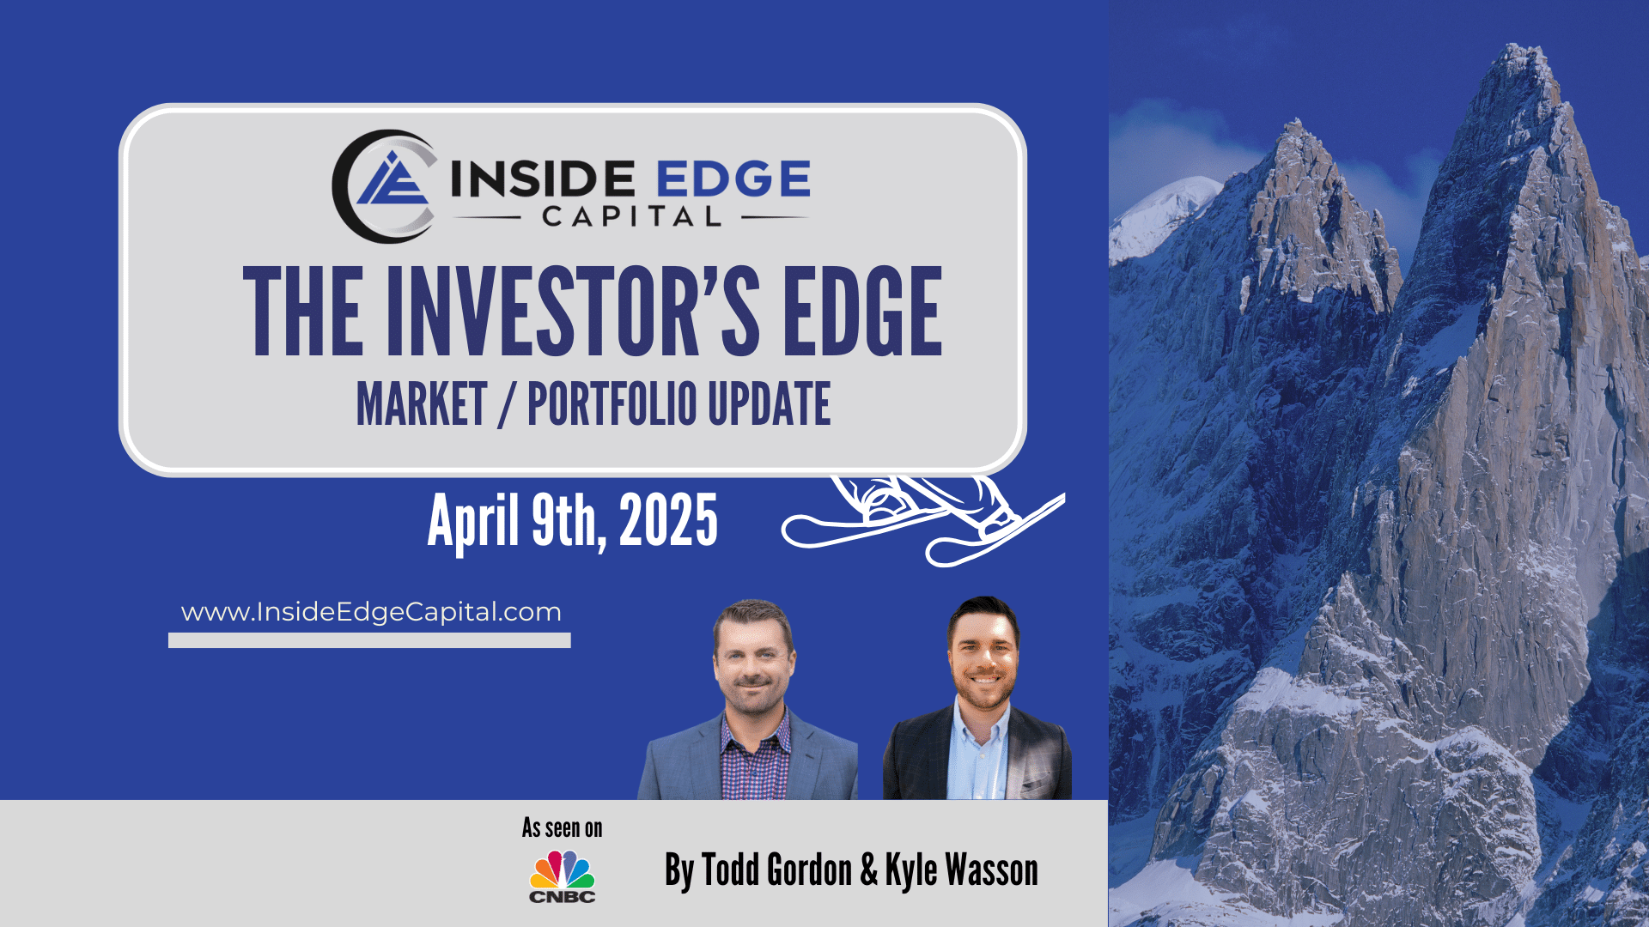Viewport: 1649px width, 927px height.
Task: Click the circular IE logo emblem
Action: (x=384, y=186)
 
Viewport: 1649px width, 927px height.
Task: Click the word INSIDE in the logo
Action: (x=543, y=179)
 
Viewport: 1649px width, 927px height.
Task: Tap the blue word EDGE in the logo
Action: (x=733, y=179)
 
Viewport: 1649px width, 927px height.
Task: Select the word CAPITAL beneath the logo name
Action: (x=631, y=216)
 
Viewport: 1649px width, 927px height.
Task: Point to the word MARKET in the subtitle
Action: (x=422, y=404)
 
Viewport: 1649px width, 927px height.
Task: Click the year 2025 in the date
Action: (x=668, y=520)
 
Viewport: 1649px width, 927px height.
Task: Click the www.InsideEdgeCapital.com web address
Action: (x=371, y=612)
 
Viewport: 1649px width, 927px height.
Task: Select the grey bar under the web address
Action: (x=369, y=640)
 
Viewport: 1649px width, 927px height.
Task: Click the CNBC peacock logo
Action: (x=562, y=876)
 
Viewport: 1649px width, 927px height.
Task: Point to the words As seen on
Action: (x=563, y=828)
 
